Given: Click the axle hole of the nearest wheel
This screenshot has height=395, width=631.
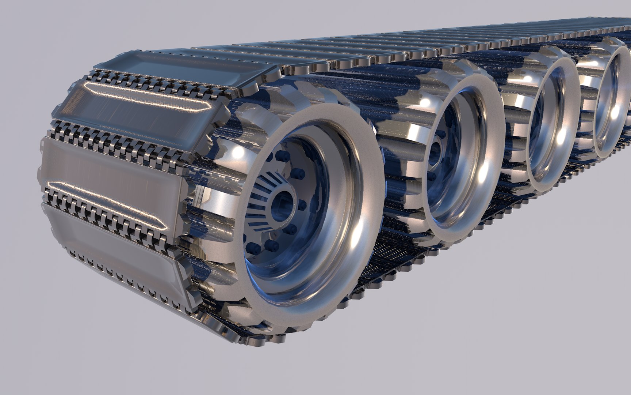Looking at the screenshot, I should [x=285, y=199].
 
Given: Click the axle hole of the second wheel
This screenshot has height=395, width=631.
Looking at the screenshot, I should [x=437, y=150].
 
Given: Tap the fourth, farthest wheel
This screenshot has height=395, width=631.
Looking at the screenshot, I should [x=610, y=102].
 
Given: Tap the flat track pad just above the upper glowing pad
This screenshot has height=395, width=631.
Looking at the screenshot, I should [x=183, y=68].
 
